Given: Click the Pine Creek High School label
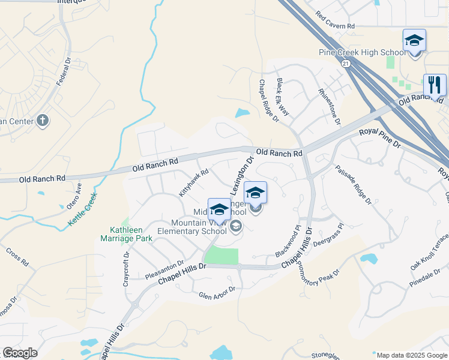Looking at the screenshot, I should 358,53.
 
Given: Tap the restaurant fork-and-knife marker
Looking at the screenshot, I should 435,85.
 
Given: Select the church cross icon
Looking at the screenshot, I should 42,121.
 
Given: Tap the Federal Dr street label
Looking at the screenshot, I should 64,71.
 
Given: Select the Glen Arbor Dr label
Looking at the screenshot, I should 217,292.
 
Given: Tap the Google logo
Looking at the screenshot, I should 20,353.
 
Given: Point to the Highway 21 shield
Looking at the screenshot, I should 345,62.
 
